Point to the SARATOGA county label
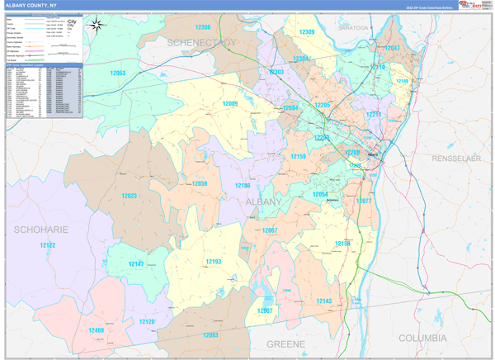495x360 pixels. click(x=352, y=27)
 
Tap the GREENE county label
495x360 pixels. click(x=285, y=343)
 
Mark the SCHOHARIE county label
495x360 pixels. click(x=40, y=228)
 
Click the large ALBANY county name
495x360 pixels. click(x=263, y=201)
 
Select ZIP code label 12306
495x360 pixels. click(x=203, y=27)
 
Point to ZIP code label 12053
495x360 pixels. click(x=117, y=73)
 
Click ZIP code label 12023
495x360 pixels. click(x=129, y=196)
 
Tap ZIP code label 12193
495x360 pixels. click(x=214, y=262)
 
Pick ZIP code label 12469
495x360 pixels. click(x=97, y=330)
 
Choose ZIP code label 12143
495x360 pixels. click(x=324, y=301)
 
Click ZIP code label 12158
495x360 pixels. click(x=342, y=244)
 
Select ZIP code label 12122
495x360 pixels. click(x=47, y=245)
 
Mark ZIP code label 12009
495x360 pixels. click(x=229, y=104)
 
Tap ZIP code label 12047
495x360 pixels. click(x=393, y=49)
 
